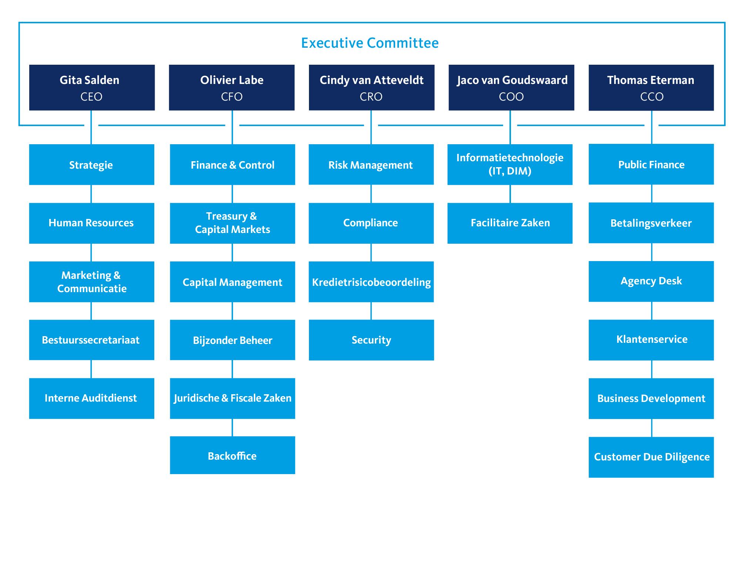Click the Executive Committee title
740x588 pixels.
(x=370, y=43)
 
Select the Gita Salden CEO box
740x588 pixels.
(x=92, y=88)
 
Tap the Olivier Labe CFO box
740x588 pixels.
(x=232, y=88)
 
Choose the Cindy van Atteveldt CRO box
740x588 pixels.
(x=371, y=88)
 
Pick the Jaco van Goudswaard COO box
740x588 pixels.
(x=511, y=88)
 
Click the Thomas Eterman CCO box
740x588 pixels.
(x=651, y=88)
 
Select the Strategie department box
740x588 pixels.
(x=92, y=165)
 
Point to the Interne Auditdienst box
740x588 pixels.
(x=92, y=398)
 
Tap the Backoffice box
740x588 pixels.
(x=232, y=455)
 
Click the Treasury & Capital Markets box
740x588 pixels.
(x=232, y=223)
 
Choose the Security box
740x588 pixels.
(x=371, y=340)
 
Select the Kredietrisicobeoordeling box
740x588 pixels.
(x=371, y=282)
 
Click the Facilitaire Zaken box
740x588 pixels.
(x=510, y=223)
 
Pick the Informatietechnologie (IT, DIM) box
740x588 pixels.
(x=510, y=165)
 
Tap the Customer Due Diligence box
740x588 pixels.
(x=651, y=457)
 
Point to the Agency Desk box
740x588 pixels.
(x=651, y=281)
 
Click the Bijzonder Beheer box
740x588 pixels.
(x=232, y=340)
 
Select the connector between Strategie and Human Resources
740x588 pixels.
(x=91, y=194)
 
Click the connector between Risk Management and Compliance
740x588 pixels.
(x=371, y=194)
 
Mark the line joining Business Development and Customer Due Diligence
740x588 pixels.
(x=652, y=428)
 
